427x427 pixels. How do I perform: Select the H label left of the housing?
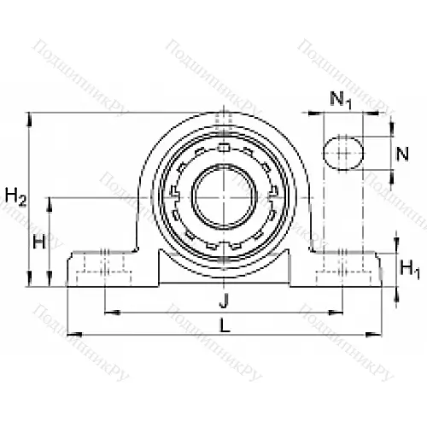tap(38, 242)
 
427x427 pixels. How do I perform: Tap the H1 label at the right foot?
tap(411, 271)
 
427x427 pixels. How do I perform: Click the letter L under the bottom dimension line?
tap(223, 325)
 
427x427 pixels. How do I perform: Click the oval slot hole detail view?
tap(342, 155)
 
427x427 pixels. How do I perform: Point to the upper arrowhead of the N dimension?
tap(391, 137)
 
